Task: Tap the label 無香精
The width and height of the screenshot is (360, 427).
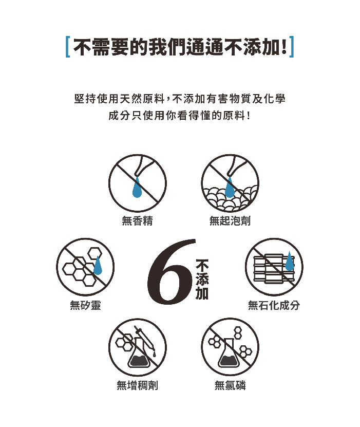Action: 138,220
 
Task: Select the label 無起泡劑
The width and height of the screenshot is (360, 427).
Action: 230,220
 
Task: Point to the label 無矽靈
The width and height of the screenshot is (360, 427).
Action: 85,305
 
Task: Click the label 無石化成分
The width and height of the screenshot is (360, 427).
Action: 274,305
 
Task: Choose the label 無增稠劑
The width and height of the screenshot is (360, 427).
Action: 138,385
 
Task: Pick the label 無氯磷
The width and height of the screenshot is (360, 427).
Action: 230,385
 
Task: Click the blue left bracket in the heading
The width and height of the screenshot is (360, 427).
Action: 68,47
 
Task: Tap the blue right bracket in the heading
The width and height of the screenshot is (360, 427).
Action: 291,47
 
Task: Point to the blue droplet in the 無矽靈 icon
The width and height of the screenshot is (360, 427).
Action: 98,265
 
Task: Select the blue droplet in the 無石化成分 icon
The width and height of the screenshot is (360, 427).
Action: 289,261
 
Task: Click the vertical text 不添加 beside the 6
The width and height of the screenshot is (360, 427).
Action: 202,279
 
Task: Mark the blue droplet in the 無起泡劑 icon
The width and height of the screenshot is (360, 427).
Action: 230,187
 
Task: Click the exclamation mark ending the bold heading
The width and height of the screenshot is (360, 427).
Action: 284,47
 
